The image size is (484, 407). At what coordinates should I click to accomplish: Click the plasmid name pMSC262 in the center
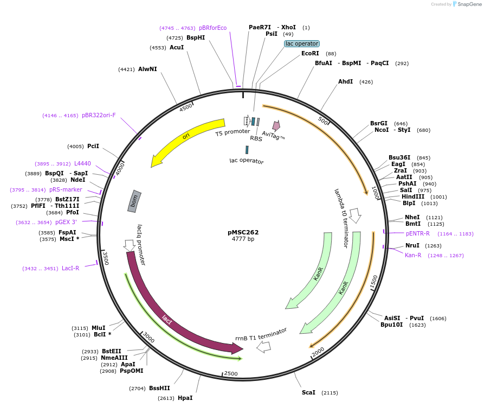pos(243,232)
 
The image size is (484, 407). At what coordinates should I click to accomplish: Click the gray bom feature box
pos(135,201)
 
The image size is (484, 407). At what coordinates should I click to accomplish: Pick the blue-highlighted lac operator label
pos(302,43)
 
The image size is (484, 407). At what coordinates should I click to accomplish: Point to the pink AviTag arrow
pos(276,126)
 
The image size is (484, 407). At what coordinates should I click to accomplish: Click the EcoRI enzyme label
pos(310,53)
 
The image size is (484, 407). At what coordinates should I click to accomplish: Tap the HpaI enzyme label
pos(185,398)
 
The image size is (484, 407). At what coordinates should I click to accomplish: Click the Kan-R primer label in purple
pos(413,255)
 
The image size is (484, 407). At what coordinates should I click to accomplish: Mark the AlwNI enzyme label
pos(147,69)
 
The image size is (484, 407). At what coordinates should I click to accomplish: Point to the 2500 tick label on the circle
pos(231,373)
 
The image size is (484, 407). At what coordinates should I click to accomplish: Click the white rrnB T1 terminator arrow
pos(263,347)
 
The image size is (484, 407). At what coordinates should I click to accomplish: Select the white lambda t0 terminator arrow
pos(355,215)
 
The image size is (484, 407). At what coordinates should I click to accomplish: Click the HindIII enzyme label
pos(413,196)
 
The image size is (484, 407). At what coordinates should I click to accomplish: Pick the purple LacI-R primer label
pos(70,268)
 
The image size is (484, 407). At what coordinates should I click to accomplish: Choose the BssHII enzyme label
pos(159,388)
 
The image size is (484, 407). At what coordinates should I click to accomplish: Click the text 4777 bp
pos(243,239)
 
